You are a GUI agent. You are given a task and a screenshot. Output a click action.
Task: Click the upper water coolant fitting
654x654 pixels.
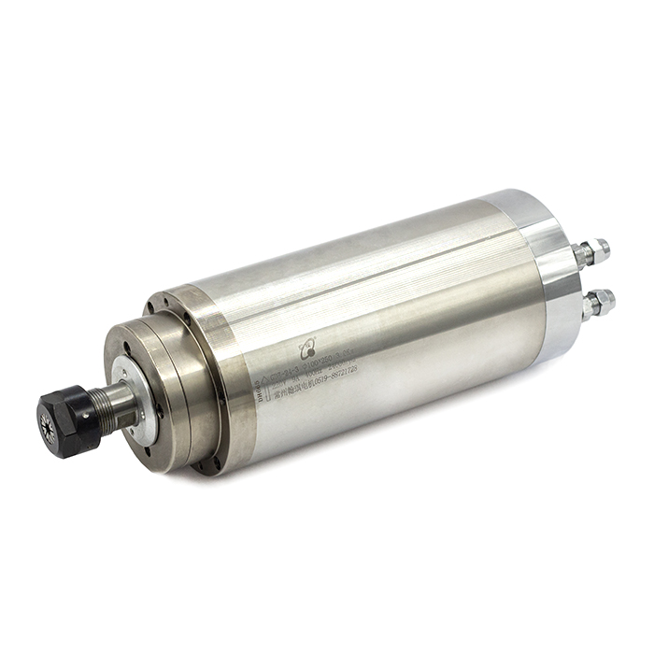590,251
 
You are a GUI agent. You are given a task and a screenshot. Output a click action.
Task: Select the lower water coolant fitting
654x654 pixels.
596,304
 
